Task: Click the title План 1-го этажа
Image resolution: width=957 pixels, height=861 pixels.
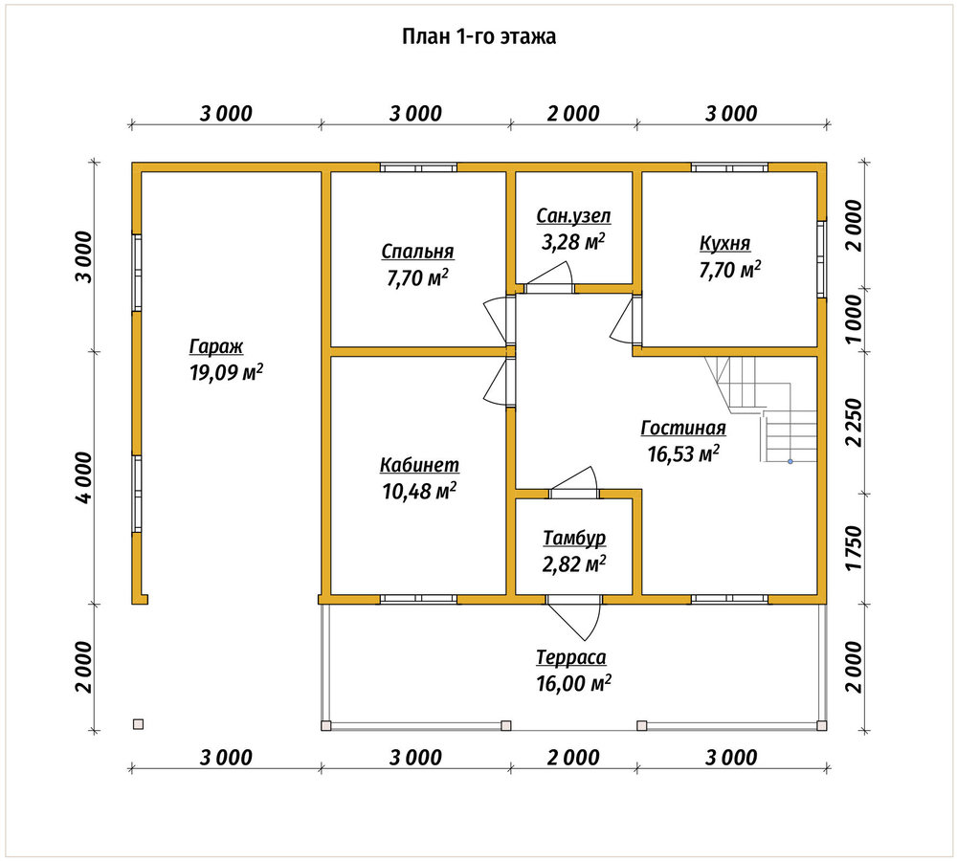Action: [478, 36]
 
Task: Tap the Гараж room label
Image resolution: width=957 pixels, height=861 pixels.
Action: [216, 346]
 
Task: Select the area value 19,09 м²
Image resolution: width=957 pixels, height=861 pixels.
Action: [226, 371]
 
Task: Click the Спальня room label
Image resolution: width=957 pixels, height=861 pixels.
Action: [417, 252]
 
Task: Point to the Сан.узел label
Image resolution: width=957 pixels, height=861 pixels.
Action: [573, 216]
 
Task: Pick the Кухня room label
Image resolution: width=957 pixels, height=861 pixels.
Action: [724, 243]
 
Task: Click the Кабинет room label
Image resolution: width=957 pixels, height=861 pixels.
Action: [419, 465]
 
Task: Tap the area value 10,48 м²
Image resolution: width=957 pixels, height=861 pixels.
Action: [419, 491]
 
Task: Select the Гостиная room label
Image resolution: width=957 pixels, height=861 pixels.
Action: [683, 428]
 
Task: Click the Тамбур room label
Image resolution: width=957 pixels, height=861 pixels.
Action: [574, 538]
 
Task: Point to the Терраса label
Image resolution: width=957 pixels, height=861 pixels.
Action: [571, 657]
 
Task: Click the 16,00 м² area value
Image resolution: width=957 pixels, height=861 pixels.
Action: [573, 683]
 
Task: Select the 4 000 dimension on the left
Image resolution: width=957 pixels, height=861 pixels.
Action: [83, 477]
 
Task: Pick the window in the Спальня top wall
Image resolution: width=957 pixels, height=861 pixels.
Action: [418, 167]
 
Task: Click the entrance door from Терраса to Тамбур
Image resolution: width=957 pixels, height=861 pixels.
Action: [573, 616]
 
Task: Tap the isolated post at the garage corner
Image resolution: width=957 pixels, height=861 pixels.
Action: [139, 724]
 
